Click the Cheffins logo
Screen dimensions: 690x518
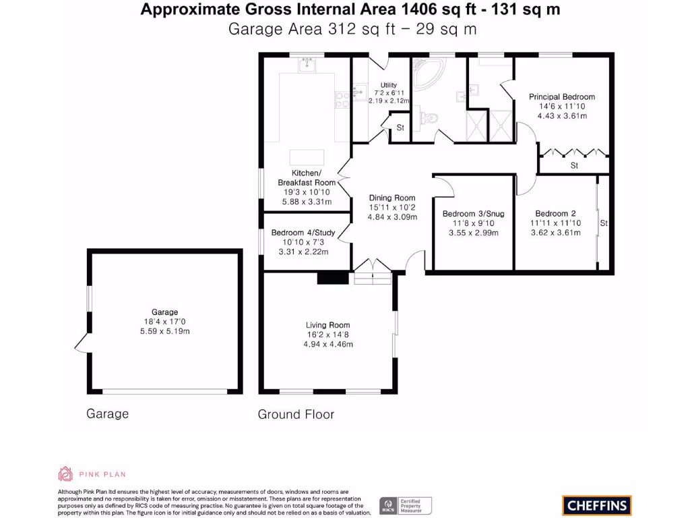(597, 505)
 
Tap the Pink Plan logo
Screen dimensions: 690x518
(92, 474)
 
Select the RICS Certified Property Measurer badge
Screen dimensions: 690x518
(405, 505)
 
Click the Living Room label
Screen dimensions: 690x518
(328, 325)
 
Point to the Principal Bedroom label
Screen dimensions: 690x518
(562, 96)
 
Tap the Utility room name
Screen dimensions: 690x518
(389, 85)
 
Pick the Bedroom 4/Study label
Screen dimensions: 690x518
(303, 233)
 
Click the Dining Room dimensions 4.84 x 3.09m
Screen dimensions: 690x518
(393, 217)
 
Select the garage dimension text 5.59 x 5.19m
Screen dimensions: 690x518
(165, 331)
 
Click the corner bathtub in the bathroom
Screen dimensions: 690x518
(427, 73)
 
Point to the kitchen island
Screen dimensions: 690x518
(307, 157)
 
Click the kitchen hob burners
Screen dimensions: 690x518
(342, 100)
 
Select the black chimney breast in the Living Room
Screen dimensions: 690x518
(333, 278)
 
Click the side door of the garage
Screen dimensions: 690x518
(82, 343)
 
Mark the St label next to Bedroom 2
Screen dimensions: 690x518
(604, 223)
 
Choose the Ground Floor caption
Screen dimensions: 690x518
(296, 415)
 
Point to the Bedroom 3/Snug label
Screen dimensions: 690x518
(474, 214)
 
